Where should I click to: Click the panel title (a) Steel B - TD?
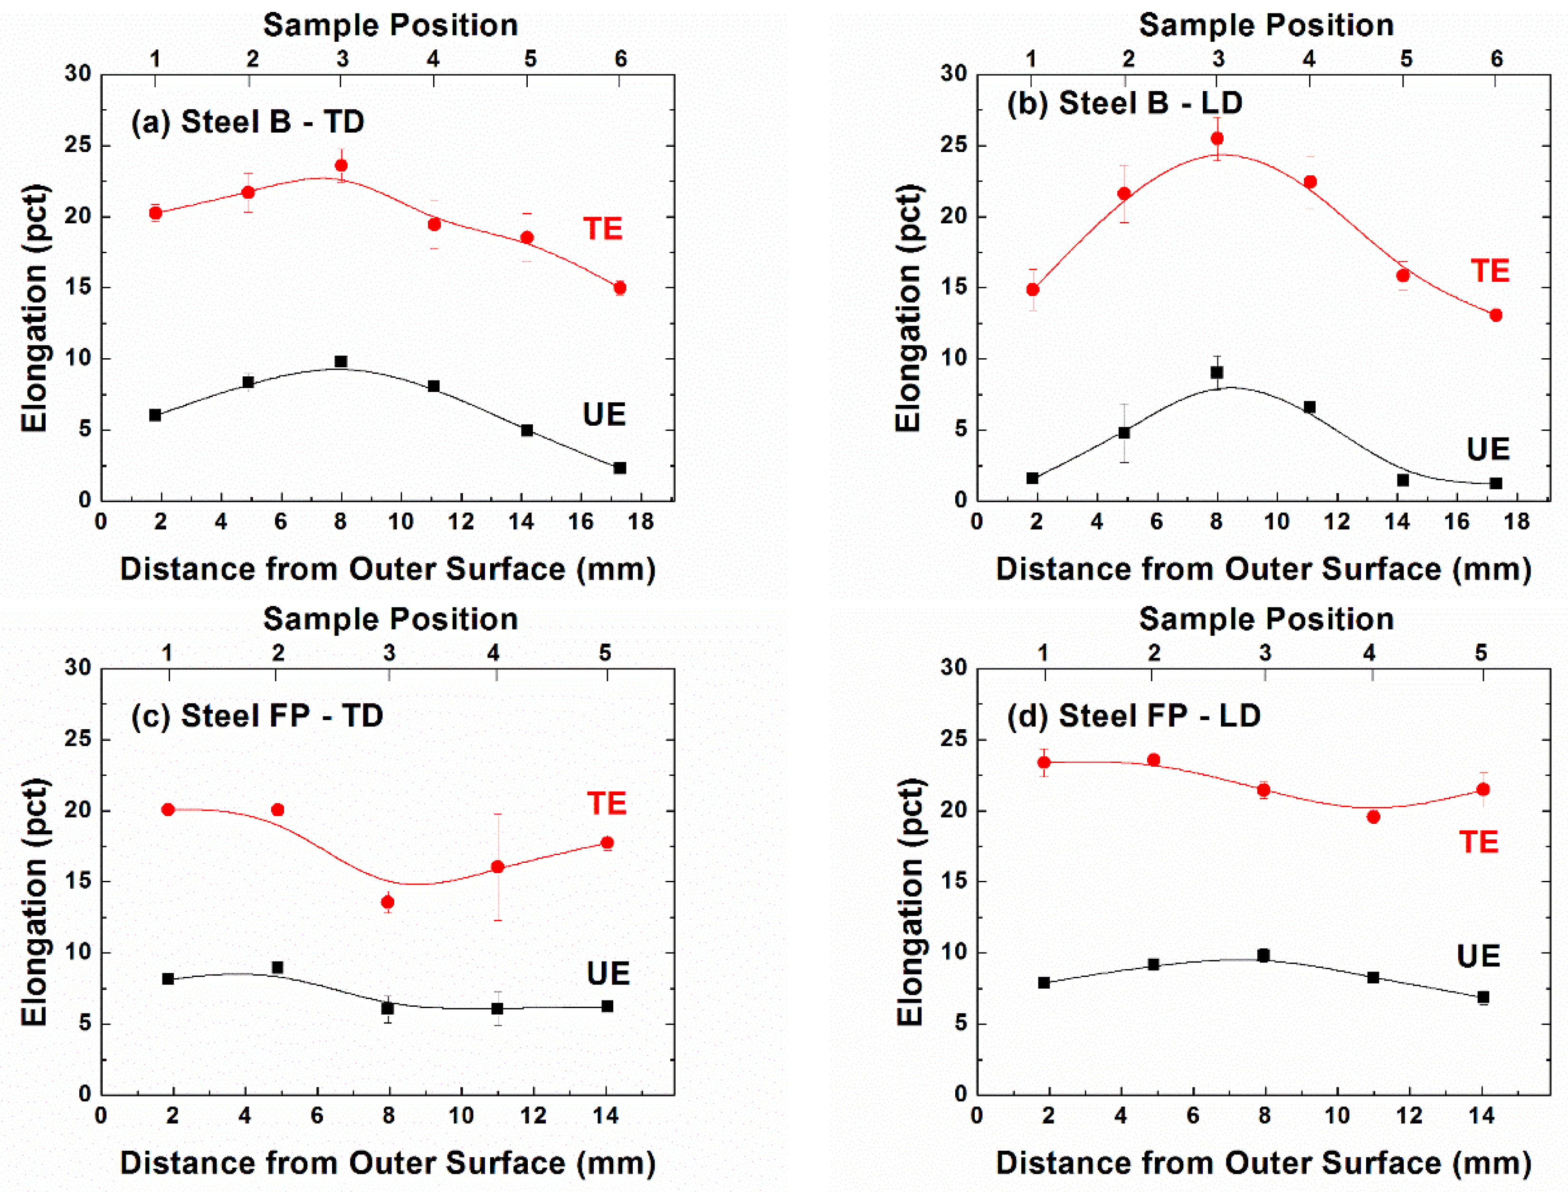[x=247, y=122]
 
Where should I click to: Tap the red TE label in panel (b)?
[x=1489, y=271]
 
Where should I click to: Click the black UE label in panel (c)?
[x=608, y=973]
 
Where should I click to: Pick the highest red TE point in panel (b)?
[x=1217, y=138]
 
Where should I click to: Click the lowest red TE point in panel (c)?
[x=388, y=902]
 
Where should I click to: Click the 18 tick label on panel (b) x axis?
[x=1516, y=522]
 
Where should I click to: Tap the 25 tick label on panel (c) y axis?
[x=78, y=739]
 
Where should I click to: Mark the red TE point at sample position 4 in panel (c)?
[x=497, y=867]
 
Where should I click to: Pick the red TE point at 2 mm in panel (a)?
[x=155, y=213]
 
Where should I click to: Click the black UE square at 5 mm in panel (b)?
[x=1124, y=432]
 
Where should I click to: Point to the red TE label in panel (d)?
[x=1478, y=842]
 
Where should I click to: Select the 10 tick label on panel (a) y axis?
[x=78, y=358]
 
